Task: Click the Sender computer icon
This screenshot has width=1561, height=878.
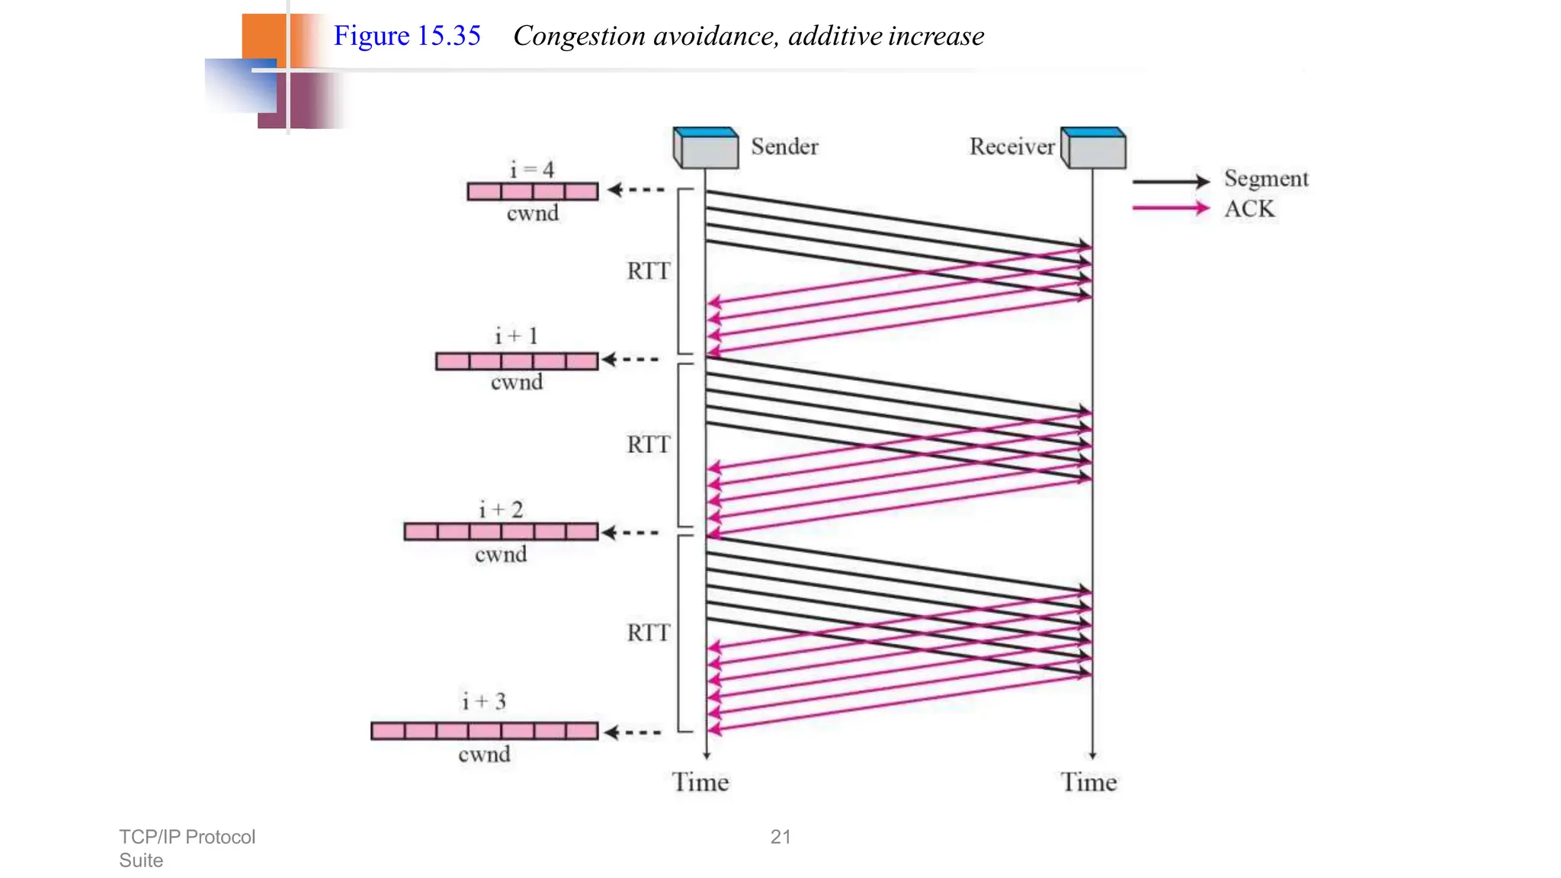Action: [x=706, y=148]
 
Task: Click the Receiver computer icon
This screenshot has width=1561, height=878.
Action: [x=1094, y=148]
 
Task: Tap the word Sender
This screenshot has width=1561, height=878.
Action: [x=784, y=146]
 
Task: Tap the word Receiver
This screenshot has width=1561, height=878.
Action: [x=1011, y=146]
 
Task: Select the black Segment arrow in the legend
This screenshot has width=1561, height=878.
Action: [x=1171, y=181]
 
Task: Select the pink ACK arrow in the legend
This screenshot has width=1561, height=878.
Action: [x=1171, y=208]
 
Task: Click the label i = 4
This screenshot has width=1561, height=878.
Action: [x=532, y=169]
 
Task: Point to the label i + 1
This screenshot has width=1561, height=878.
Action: [x=516, y=336]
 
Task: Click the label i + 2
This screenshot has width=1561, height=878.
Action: [x=501, y=509]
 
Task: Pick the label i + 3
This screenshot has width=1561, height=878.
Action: [x=484, y=701]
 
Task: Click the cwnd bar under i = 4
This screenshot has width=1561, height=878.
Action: [x=533, y=191]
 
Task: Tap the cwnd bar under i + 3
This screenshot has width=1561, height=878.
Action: [x=485, y=731]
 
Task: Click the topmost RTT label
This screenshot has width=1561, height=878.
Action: [x=648, y=271]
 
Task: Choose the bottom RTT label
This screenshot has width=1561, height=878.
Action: [x=648, y=633]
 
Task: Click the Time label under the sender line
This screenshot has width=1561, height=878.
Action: [x=700, y=783]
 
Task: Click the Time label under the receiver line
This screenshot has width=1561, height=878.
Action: [x=1088, y=783]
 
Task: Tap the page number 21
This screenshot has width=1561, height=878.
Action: [x=780, y=837]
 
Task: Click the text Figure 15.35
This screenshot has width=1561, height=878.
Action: [x=407, y=36]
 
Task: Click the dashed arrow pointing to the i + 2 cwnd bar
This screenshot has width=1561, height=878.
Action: [x=630, y=533]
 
